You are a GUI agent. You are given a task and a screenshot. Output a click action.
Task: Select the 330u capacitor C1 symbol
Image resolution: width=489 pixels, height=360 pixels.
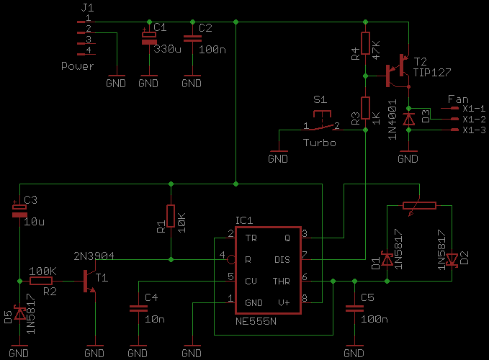click(148, 38)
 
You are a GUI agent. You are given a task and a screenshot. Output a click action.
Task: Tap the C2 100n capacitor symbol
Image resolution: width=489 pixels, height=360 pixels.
click(192, 39)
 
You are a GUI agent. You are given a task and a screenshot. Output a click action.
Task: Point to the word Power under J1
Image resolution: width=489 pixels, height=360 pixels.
click(78, 66)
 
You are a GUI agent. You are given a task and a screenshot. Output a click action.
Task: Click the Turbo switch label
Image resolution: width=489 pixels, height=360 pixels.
click(319, 143)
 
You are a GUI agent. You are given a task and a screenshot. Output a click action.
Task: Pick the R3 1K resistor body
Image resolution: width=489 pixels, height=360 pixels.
click(365, 109)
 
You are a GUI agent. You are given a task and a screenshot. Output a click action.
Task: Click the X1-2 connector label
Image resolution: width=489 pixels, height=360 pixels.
click(474, 119)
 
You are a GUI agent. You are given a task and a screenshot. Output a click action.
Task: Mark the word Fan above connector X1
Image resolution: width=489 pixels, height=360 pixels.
click(458, 99)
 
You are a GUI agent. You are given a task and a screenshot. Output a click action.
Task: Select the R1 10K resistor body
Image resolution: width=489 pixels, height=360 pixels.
click(171, 216)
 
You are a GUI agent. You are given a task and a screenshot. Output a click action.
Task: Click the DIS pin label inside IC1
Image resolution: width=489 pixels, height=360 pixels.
click(282, 258)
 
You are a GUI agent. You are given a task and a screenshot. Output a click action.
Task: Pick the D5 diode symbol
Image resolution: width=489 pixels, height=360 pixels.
click(19, 312)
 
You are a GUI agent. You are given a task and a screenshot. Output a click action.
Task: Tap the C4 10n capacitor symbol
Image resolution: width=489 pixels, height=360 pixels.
click(138, 308)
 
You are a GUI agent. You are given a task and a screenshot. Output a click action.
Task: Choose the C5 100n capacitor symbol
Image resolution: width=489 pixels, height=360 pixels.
click(354, 308)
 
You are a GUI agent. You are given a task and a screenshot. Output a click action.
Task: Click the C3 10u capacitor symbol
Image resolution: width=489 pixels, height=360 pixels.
click(19, 210)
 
